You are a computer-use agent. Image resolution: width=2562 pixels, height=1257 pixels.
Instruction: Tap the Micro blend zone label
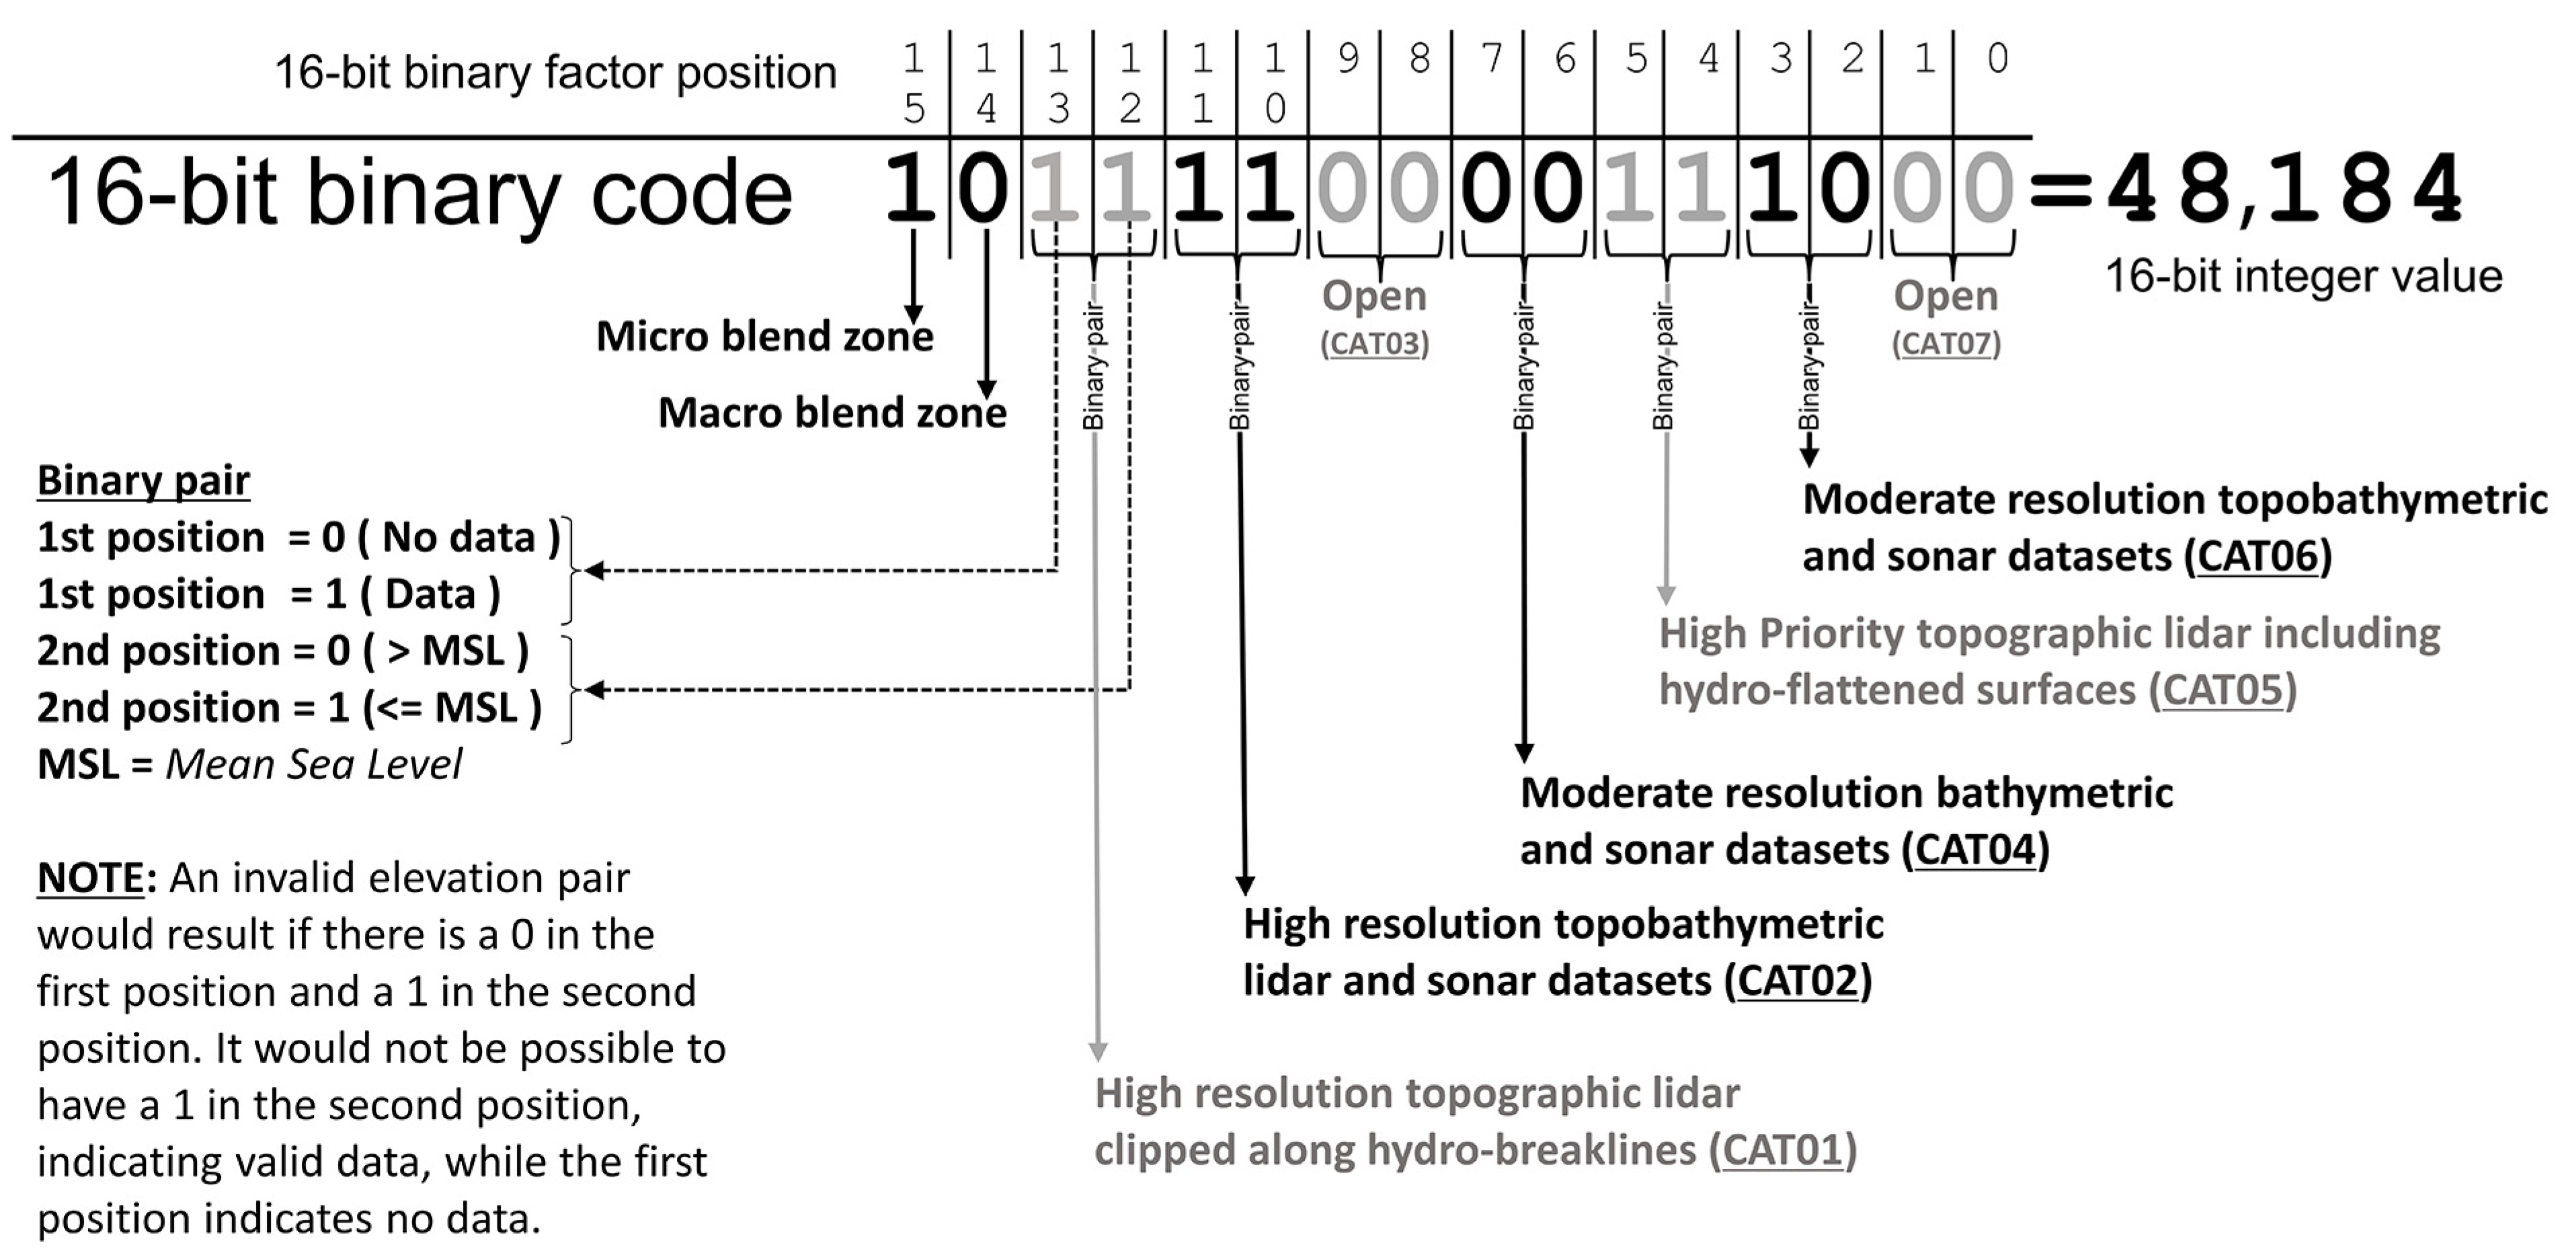click(764, 336)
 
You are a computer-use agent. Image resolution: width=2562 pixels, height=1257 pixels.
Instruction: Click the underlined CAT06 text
click(2257, 556)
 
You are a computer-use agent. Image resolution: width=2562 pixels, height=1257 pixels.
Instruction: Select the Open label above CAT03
click(1373, 295)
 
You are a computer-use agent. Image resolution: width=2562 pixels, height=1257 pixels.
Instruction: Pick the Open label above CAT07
click(1946, 295)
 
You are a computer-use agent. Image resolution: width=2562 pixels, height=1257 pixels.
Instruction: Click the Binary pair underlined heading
click(143, 481)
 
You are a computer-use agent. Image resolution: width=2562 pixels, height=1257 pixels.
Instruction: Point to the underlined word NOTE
click(91, 878)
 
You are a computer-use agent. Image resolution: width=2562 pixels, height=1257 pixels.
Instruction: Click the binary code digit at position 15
click(911, 189)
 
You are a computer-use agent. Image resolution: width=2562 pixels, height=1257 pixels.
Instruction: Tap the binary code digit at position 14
click(983, 189)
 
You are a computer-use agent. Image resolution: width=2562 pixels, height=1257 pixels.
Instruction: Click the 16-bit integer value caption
click(2303, 276)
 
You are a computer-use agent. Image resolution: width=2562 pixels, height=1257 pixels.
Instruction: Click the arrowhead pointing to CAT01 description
click(1097, 1052)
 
